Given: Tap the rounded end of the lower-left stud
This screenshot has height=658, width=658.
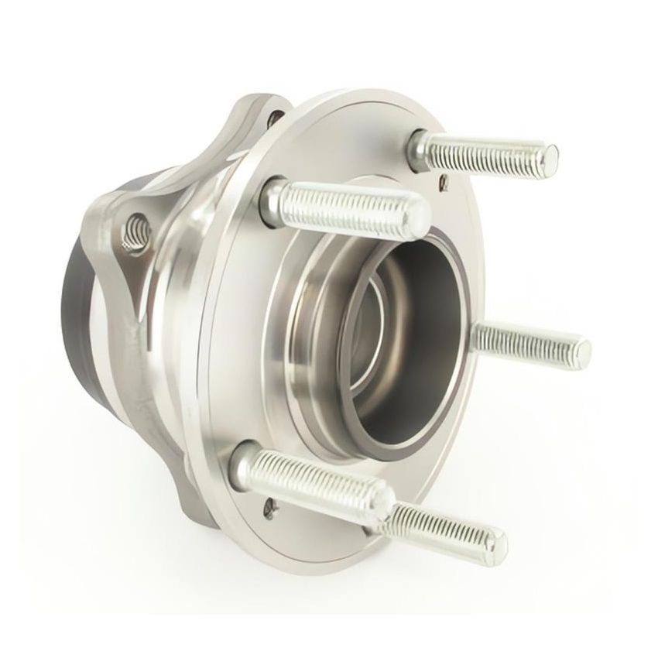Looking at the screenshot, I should tap(380, 497).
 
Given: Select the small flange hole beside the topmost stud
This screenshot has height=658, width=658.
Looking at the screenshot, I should tap(443, 183).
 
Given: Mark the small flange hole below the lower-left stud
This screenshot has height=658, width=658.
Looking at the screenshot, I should tap(269, 508).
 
